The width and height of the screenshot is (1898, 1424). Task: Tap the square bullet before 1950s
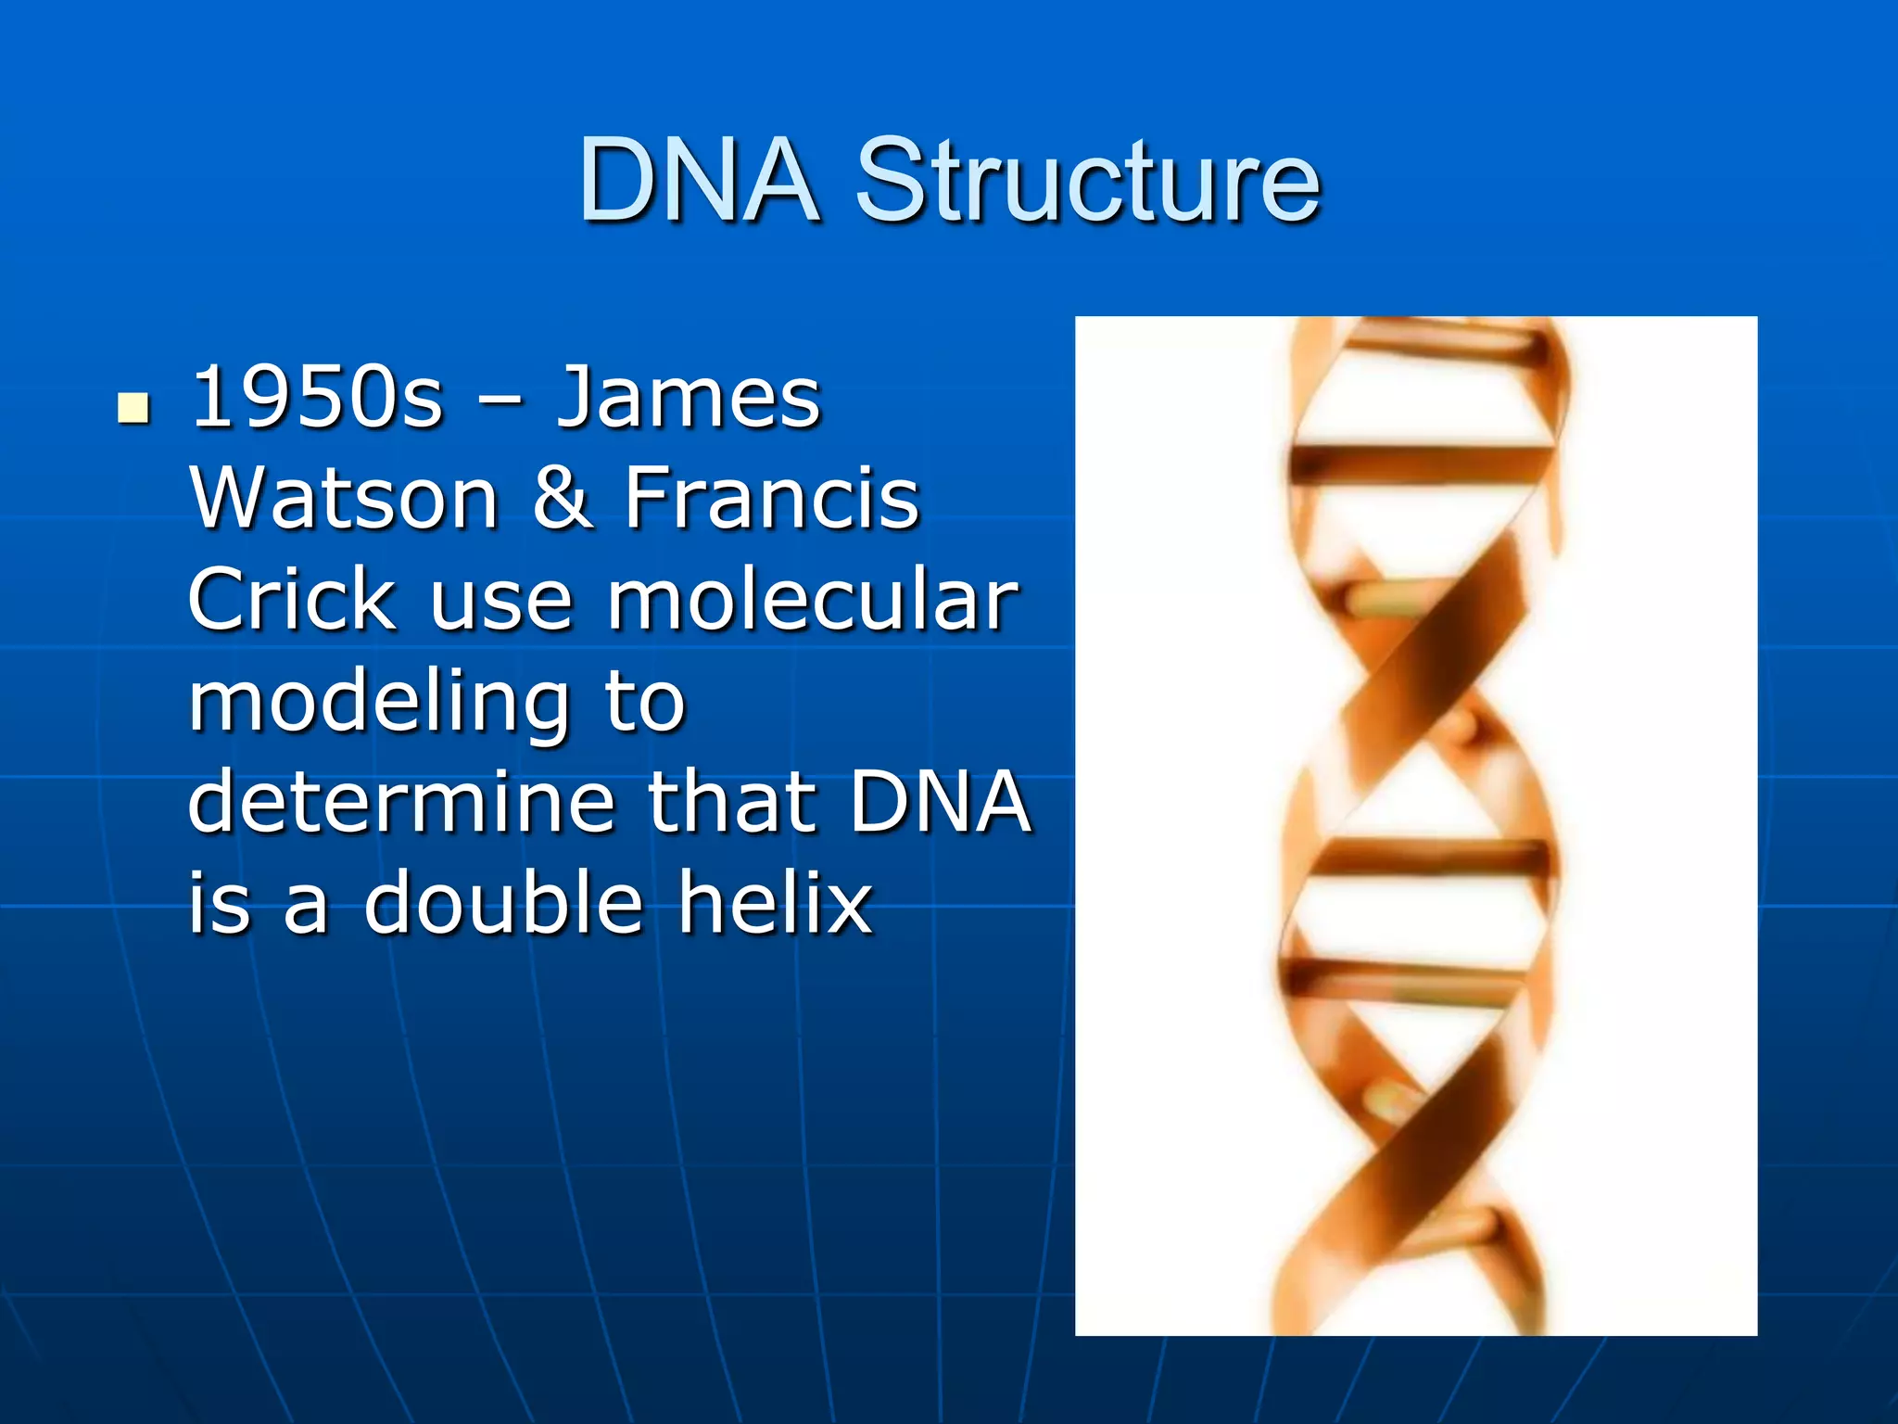pos(134,407)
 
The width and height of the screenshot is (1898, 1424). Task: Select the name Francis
pos(771,499)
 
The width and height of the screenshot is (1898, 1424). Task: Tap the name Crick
pos(292,600)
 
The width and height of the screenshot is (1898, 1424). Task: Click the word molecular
pos(813,600)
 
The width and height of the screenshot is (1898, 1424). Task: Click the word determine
pos(401,802)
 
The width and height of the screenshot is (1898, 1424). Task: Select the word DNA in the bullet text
pos(940,802)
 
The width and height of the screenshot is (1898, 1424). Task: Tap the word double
pos(503,903)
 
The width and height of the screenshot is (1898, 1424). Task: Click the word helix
pos(775,903)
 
